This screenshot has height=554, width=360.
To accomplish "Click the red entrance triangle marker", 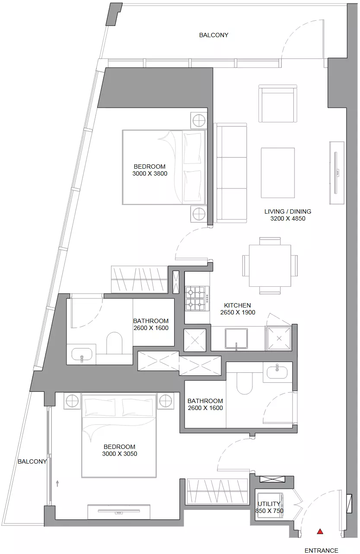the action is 320,531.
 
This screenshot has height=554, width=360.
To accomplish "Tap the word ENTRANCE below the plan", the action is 321,551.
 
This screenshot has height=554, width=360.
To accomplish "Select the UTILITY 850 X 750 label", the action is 269,507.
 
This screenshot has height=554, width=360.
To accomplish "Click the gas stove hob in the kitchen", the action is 197,298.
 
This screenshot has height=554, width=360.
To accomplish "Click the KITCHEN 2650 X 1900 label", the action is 237,309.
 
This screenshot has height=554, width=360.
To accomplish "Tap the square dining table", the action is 270,266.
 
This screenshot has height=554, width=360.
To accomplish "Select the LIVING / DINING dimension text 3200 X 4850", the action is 288,218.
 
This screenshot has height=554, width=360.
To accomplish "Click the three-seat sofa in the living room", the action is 230,173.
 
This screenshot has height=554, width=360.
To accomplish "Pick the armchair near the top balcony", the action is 278,103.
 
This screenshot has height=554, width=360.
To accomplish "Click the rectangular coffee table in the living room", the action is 278,173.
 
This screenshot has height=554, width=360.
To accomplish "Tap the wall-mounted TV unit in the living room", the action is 337,173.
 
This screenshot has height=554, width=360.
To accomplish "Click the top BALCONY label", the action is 214,35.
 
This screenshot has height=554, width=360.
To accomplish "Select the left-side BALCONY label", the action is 32,461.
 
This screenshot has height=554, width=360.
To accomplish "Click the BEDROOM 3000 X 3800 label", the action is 150,170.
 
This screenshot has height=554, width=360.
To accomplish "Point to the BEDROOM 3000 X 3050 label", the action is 120,450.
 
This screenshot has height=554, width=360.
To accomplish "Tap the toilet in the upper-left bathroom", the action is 114,343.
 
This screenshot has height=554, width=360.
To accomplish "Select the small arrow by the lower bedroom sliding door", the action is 57,484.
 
